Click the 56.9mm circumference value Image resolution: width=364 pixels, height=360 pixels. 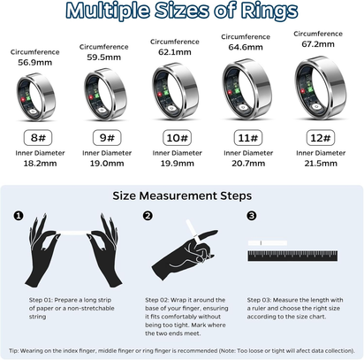click(x=35, y=63)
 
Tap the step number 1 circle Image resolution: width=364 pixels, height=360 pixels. click(x=18, y=215)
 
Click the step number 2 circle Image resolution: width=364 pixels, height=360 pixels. click(x=148, y=215)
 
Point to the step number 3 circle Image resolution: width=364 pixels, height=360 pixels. click(x=252, y=215)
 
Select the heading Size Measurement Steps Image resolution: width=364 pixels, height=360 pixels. click(x=181, y=195)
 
